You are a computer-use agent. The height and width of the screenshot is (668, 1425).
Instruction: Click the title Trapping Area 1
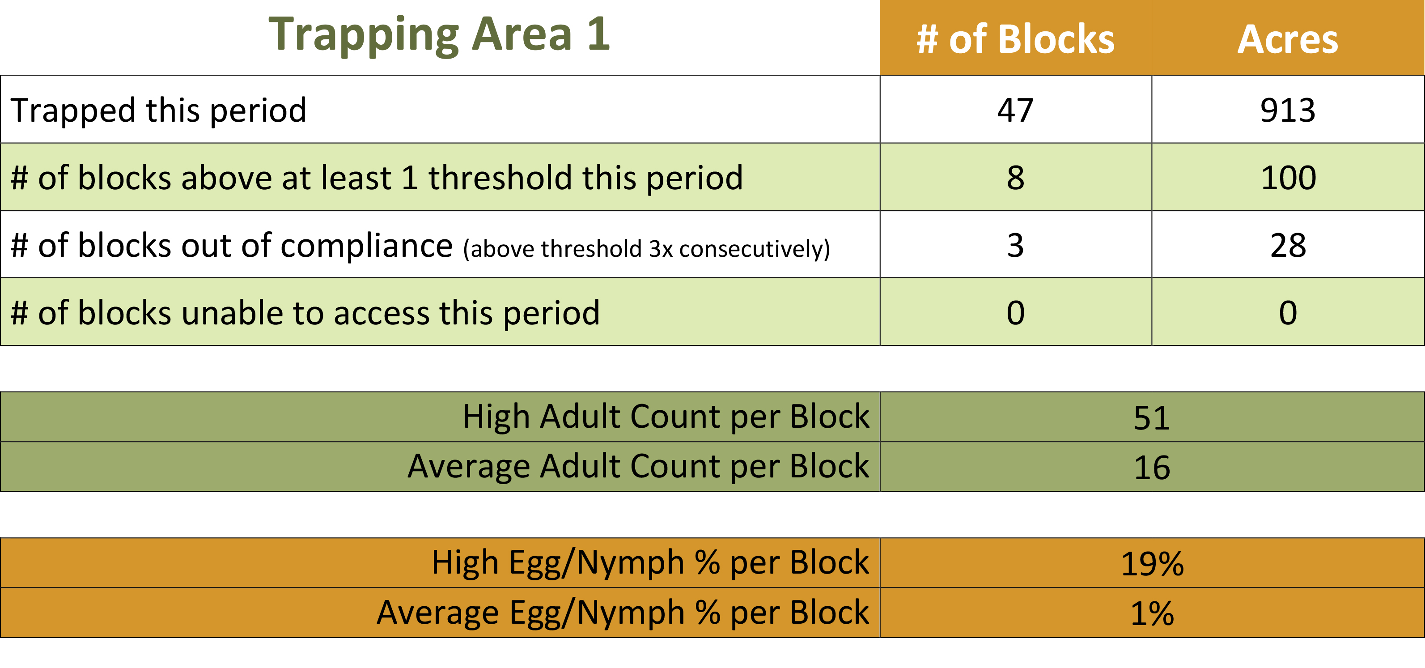point(439,35)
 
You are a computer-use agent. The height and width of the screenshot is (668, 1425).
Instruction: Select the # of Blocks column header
point(1016,39)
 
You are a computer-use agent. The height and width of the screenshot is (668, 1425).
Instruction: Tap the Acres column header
point(1288,39)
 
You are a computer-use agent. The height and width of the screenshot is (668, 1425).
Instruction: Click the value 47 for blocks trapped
point(1015,110)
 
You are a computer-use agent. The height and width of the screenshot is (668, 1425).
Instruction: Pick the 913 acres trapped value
point(1288,110)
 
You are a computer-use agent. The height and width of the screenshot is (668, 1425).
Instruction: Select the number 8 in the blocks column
point(1016,178)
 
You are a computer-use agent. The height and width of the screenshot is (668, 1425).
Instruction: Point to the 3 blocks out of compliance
point(1016,245)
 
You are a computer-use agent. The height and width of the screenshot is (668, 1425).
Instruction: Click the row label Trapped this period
point(159,110)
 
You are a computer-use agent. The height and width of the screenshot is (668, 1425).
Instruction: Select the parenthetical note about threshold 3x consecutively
point(647,248)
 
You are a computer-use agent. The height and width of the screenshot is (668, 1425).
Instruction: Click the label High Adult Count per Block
point(666,416)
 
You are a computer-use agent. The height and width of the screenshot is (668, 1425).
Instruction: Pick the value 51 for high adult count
point(1152,418)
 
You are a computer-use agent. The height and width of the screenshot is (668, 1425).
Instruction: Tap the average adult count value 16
point(1152,468)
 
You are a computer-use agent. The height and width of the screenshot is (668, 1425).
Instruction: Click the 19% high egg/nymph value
point(1152,564)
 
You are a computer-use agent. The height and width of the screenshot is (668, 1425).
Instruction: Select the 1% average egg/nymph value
point(1152,614)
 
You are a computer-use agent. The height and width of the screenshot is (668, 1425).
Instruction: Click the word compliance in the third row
point(367,246)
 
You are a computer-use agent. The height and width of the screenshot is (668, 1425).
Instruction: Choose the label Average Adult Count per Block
point(638,466)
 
